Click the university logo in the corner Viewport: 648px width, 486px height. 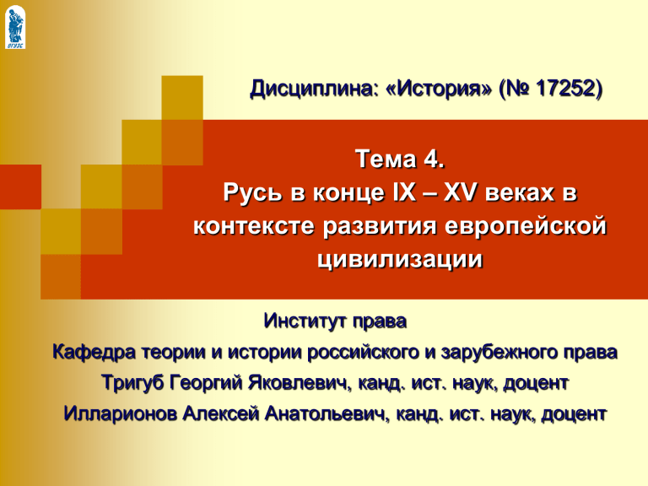click(x=15, y=27)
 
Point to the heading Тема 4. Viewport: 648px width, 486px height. click(x=400, y=159)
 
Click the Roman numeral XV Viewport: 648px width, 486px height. click(x=460, y=192)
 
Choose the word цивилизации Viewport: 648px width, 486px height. click(x=400, y=260)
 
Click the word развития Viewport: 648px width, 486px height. click(x=380, y=227)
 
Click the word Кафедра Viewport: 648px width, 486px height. click(x=94, y=352)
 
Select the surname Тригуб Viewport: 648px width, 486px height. click(x=132, y=383)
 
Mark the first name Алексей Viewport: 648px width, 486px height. click(x=221, y=413)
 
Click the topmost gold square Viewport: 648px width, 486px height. click(x=182, y=98)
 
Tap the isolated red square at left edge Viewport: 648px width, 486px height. click(x=20, y=186)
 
